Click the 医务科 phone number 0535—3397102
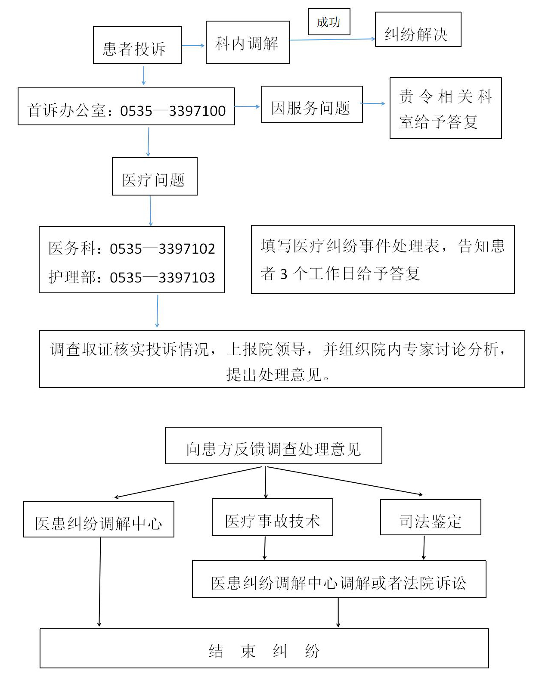pos(162,249)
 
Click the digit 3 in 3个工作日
pos(283,274)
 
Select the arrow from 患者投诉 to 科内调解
pos(193,46)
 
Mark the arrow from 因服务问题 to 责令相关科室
pos(373,103)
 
